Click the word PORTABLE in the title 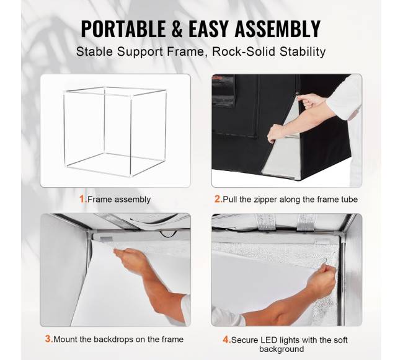click(123, 29)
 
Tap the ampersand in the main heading click(177, 29)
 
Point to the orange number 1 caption click(82, 199)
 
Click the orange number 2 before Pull click(218, 199)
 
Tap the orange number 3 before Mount click(49, 339)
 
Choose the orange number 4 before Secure click(226, 340)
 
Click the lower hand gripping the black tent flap click(275, 133)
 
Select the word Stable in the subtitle click(95, 51)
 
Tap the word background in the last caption click(281, 349)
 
